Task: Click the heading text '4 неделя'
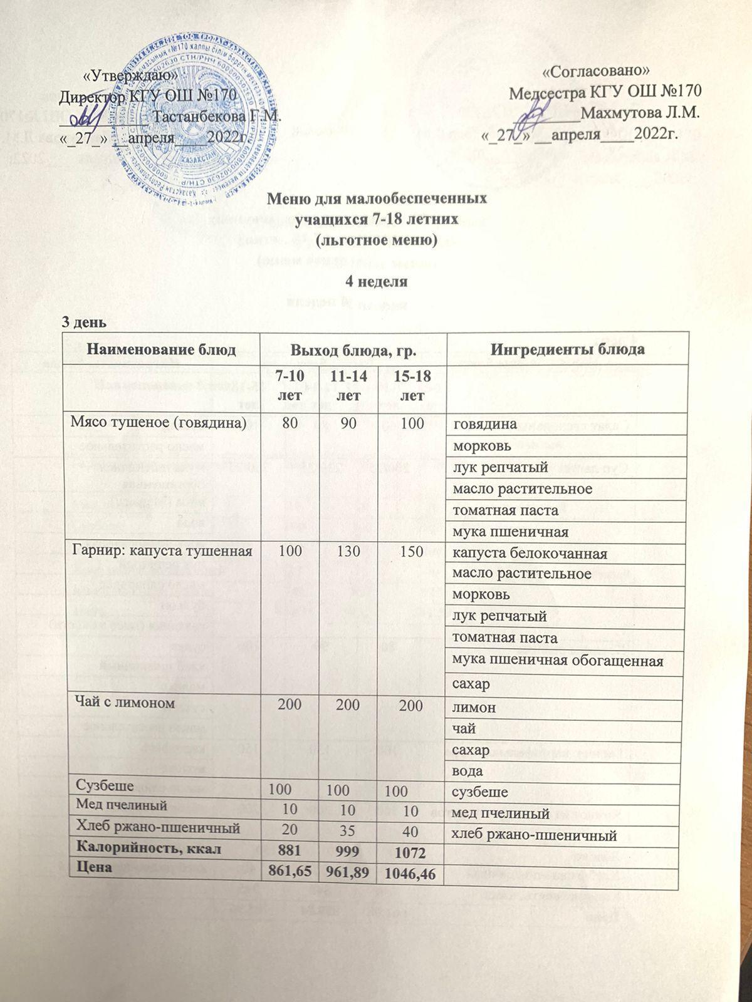pos(377,282)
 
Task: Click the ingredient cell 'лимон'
pos(474,708)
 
